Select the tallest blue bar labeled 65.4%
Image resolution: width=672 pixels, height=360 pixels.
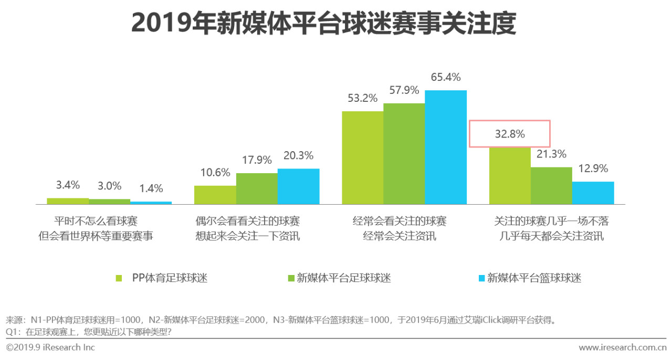(446, 147)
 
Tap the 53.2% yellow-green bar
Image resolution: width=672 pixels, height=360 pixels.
(362, 157)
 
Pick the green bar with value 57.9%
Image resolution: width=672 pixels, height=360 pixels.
(404, 153)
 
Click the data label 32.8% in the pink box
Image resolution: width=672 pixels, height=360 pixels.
(509, 134)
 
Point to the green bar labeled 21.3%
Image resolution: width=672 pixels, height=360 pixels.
(551, 185)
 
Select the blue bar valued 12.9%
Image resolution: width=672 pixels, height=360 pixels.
(593, 193)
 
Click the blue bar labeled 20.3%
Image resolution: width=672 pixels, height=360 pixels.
(298, 186)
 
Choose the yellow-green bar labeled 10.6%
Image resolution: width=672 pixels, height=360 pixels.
(215, 194)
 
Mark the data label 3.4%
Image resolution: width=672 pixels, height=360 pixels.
(68, 185)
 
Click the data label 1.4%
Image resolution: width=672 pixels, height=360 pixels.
(151, 188)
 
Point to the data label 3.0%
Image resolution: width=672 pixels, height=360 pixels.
(109, 186)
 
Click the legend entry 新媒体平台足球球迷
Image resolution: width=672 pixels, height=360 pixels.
(344, 278)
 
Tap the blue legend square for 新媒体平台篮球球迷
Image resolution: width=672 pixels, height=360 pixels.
(480, 278)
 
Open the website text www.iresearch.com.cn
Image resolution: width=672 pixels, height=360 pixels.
(622, 348)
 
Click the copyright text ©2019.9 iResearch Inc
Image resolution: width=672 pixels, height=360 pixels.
(50, 348)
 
